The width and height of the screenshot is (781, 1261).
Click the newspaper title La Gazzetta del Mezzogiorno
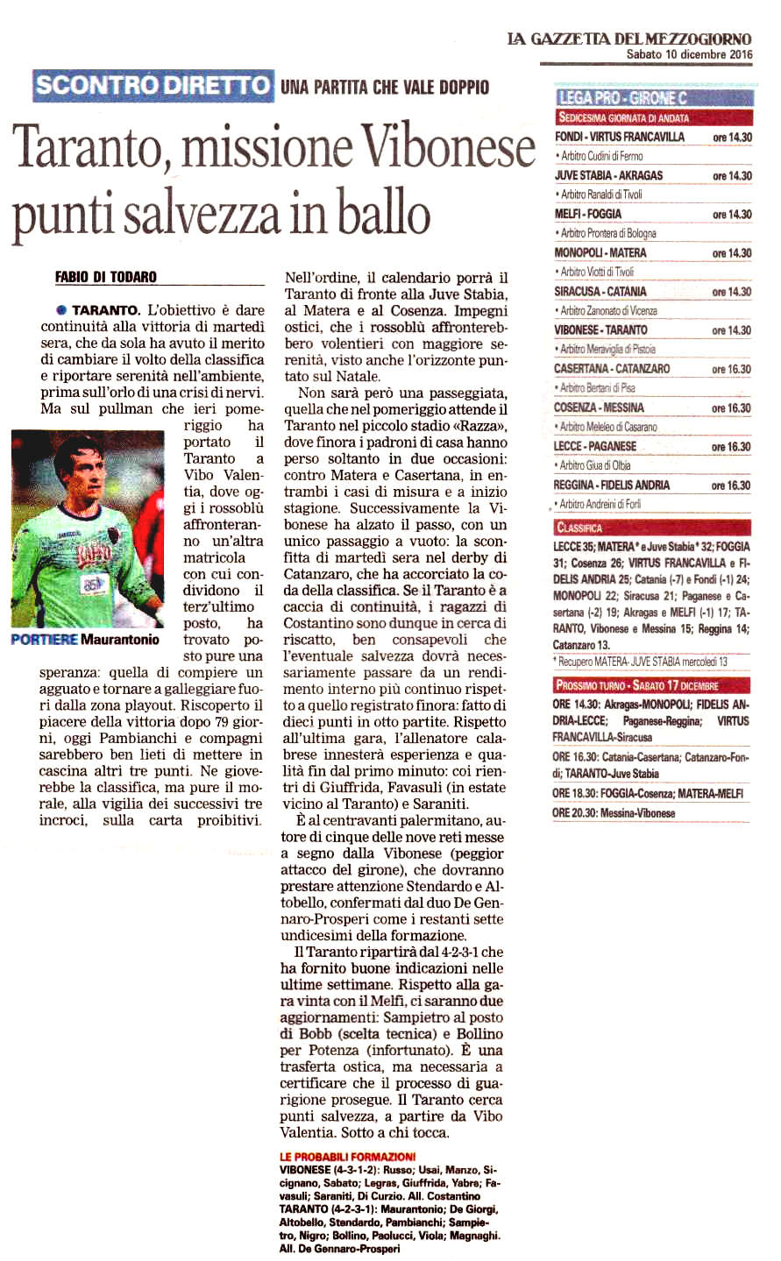pos(628,39)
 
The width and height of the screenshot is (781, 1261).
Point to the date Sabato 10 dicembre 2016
pos(689,54)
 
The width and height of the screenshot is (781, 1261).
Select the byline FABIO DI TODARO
pos(106,277)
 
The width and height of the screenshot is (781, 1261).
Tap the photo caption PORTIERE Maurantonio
pos(85,640)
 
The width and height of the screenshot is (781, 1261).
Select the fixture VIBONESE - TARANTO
pos(600,330)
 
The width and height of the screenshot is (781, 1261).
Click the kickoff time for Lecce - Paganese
pos(731,447)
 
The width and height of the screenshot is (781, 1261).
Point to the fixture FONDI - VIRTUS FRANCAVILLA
pos(620,137)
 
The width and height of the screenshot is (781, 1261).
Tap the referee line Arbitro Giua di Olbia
pos(594,465)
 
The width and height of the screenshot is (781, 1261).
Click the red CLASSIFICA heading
pos(579,528)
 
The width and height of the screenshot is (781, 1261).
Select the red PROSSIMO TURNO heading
pos(636,685)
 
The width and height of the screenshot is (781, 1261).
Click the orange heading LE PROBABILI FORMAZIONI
pos(348,1157)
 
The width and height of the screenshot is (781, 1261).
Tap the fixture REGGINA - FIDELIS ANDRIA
pos(612,485)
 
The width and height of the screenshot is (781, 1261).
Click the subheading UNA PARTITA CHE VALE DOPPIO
pos(385,88)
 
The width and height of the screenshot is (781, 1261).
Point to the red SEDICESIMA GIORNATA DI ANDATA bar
pos(624,117)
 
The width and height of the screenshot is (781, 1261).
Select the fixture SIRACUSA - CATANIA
pos(600,292)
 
